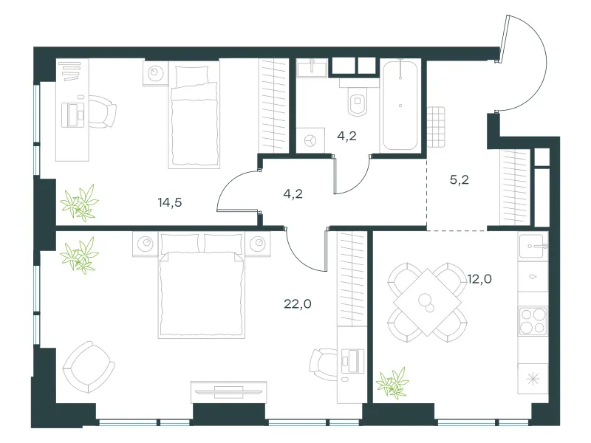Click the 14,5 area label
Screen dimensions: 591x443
click(170, 202)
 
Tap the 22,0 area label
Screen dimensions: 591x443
click(298, 303)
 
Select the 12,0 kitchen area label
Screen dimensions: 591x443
click(479, 279)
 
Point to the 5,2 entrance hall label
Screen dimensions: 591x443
click(459, 179)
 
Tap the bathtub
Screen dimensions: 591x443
click(400, 106)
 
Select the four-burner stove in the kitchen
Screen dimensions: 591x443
click(533, 321)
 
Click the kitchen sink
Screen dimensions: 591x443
click(533, 247)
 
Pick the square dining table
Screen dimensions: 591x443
click(428, 302)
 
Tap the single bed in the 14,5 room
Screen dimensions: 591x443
click(194, 115)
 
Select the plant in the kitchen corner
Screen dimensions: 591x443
click(393, 383)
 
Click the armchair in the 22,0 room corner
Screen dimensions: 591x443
click(89, 367)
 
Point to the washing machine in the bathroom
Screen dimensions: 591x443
click(310, 140)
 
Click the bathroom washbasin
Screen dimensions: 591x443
click(312, 68)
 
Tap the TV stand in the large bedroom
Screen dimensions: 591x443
click(229, 392)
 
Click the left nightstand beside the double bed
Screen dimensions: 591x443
click(146, 244)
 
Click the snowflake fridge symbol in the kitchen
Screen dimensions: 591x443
click(533, 379)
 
